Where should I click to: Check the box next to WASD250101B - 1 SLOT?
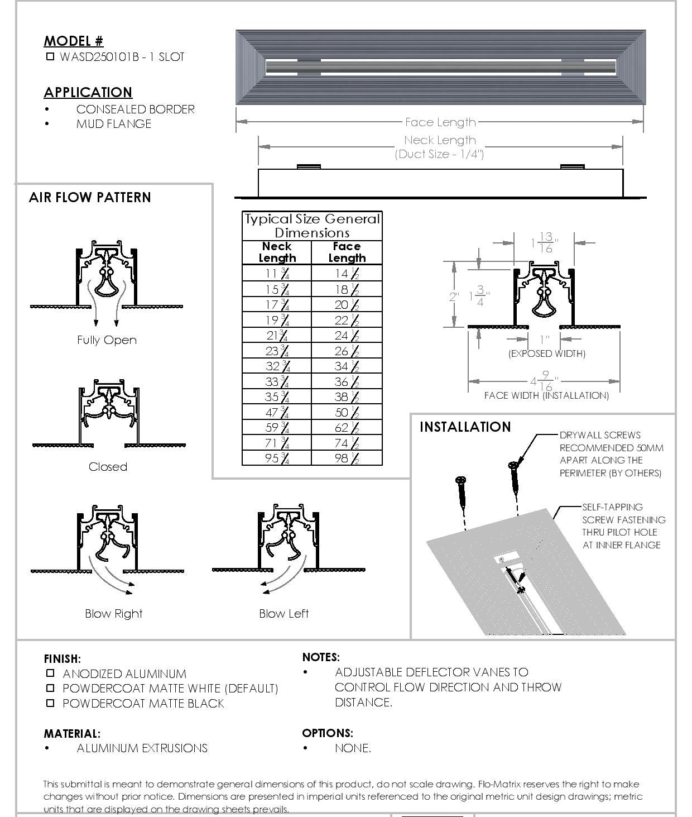click(50, 56)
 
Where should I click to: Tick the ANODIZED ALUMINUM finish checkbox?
click(50, 673)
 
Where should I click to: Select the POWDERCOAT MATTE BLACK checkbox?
click(50, 703)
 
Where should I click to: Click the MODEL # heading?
click(73, 41)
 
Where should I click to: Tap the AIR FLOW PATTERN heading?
click(90, 198)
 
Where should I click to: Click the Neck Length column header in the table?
click(277, 252)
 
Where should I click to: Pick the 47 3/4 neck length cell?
click(277, 413)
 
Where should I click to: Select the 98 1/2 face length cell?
click(347, 458)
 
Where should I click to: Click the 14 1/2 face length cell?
click(347, 273)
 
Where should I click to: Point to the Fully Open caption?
click(107, 340)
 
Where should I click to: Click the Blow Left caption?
click(283, 614)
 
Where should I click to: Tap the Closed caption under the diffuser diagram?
click(108, 467)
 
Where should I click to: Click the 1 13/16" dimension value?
click(544, 243)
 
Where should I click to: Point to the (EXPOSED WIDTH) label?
click(546, 353)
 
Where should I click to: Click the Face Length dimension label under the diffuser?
click(440, 122)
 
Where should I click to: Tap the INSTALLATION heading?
click(465, 427)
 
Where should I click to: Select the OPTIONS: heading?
click(328, 733)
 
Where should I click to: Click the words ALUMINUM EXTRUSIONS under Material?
click(142, 748)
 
